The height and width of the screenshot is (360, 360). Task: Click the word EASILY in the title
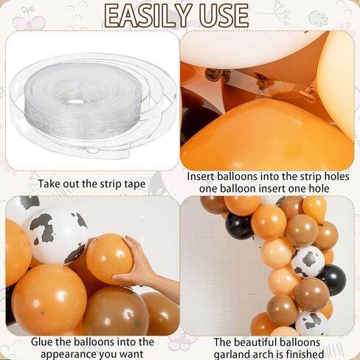pos(148,15)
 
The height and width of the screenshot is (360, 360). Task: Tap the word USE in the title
pos(224,15)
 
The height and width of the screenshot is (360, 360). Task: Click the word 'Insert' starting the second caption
pos(201,176)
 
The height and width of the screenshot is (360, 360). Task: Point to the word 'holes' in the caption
pos(336,176)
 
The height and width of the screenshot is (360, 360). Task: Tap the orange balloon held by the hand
pos(109,258)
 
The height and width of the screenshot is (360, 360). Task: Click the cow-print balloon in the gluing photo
pos(58,235)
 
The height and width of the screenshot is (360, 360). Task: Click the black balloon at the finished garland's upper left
pos(239,226)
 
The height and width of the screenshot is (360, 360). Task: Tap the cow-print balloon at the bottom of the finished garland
pos(312,323)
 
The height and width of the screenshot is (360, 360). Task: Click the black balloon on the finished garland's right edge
pos(332,280)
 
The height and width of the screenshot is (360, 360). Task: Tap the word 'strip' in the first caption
pos(109,184)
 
